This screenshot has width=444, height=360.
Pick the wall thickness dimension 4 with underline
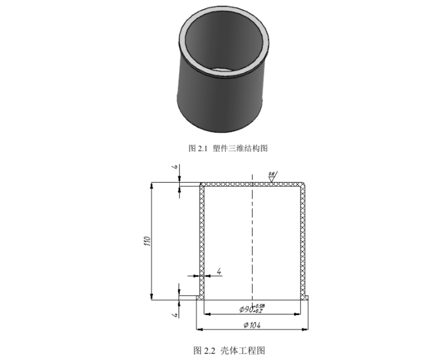[x=219, y=272]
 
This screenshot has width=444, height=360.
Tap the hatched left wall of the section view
[x=201, y=234]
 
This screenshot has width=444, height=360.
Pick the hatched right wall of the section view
[x=303, y=234]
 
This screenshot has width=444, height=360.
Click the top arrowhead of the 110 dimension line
[x=151, y=186]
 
